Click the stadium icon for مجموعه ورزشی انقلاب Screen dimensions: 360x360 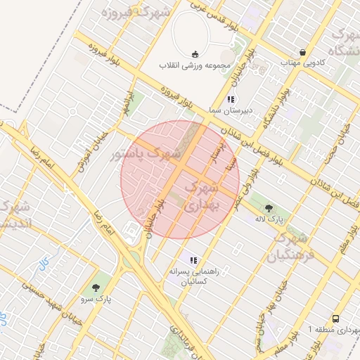click(195, 55)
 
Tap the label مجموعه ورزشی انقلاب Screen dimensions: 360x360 click(195, 67)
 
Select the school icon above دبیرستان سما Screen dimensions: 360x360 click(231, 99)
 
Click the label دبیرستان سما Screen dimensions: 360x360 click(231, 111)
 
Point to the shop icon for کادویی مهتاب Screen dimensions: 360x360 click(302, 52)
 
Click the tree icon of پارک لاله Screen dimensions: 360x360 click(269, 207)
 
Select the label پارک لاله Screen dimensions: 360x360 click(269, 219)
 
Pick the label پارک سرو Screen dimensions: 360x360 click(96, 299)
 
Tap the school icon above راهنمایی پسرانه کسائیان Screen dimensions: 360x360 click(193, 260)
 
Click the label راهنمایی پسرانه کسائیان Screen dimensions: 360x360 click(193, 276)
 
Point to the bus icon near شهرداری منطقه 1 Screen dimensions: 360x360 click(335, 317)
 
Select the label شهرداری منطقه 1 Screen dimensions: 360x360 click(333, 328)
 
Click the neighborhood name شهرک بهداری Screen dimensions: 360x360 click(206, 195)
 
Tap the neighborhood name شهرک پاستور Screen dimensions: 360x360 click(147, 151)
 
